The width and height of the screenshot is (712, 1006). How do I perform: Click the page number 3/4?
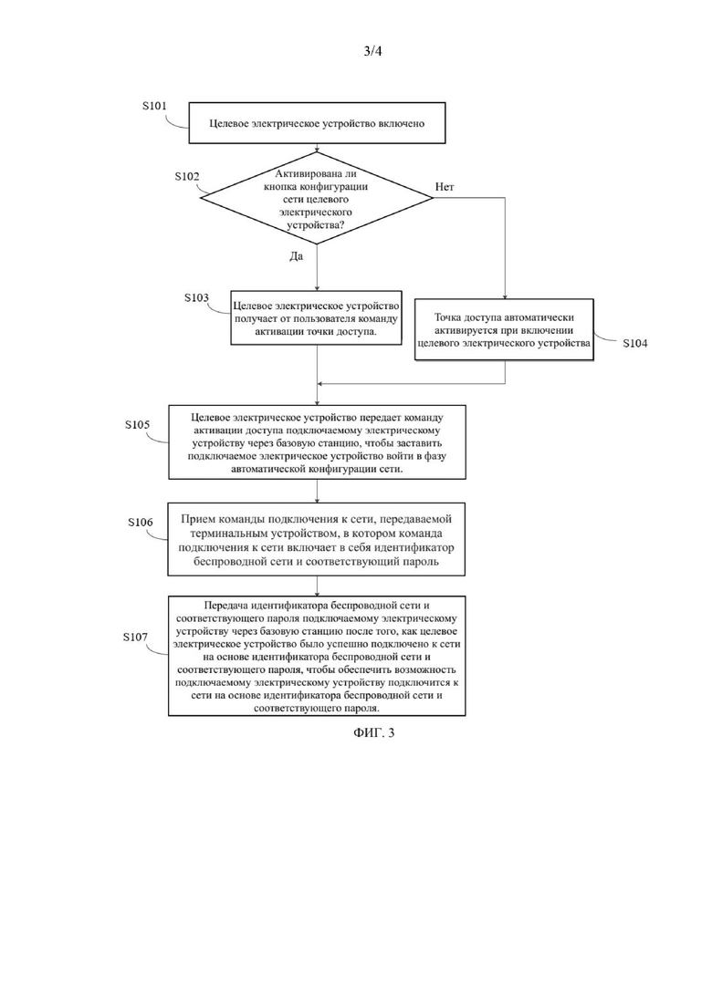click(x=372, y=51)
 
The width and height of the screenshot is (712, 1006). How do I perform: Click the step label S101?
click(x=154, y=106)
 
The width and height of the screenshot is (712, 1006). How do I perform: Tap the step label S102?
click(x=187, y=176)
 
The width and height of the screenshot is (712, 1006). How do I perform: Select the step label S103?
click(x=196, y=297)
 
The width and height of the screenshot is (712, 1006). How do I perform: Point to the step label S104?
click(x=635, y=343)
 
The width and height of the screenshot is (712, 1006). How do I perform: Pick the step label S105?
click(x=138, y=425)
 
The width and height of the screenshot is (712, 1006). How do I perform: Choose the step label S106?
click(x=141, y=523)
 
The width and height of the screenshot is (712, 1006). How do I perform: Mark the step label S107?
click(x=135, y=638)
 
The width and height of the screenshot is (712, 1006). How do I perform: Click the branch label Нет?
click(x=445, y=187)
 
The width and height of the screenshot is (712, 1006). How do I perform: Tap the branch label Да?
click(x=296, y=256)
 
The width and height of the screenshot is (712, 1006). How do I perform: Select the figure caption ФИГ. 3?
click(x=373, y=732)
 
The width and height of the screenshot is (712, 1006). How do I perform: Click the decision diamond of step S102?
click(x=317, y=198)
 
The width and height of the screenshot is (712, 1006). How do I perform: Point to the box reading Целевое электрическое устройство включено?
click(x=317, y=123)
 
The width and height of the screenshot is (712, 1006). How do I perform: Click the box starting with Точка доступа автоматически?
click(x=504, y=330)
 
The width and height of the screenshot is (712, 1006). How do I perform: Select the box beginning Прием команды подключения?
click(x=317, y=539)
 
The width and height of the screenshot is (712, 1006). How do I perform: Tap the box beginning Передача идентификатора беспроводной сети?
click(x=317, y=656)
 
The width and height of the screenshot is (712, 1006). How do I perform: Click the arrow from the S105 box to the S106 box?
click(x=317, y=491)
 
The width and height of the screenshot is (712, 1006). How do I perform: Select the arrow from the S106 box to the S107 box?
click(x=317, y=586)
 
